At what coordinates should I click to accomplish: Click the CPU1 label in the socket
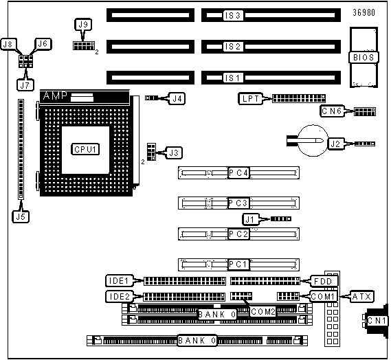[85, 149]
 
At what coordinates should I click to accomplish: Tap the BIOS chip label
[364, 57]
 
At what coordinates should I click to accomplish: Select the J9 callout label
[83, 25]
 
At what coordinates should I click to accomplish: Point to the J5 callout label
[21, 216]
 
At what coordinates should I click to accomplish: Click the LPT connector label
[251, 98]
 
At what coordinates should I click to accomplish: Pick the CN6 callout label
[332, 111]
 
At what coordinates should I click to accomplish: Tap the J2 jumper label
[335, 144]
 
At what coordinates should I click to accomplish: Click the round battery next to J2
[313, 141]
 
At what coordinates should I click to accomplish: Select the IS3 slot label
[233, 15]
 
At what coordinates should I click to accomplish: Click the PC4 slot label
[238, 172]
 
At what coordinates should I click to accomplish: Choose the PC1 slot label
[238, 265]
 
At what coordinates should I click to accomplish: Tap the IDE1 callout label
[119, 281]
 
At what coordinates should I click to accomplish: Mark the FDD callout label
[323, 281]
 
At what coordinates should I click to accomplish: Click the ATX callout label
[362, 296]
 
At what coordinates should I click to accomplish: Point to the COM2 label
[262, 312]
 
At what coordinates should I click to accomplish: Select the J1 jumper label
[251, 219]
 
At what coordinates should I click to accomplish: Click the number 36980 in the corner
[364, 12]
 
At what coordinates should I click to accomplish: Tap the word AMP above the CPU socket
[55, 95]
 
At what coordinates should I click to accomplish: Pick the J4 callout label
[177, 98]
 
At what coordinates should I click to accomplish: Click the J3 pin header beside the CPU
[151, 152]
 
